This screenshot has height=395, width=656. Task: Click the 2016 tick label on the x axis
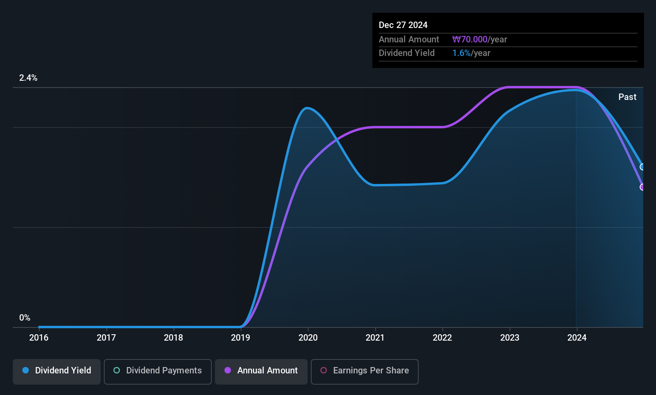point(39,337)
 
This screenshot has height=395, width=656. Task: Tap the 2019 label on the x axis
point(241,337)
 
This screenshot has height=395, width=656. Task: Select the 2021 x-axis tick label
point(375,337)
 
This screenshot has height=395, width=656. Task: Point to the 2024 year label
point(576,337)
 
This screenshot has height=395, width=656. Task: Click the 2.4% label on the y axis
point(28,78)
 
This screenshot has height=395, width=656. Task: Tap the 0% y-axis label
point(25,318)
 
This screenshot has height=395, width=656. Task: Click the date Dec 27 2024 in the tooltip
point(403,25)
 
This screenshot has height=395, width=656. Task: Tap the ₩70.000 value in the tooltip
point(470,39)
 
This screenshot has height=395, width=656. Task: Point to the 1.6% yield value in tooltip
point(461,53)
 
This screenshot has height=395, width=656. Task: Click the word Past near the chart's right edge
point(627,97)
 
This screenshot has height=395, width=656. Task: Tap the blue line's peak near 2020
point(306,108)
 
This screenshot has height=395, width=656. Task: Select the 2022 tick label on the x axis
point(442,337)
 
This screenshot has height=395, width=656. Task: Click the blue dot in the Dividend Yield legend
point(26,370)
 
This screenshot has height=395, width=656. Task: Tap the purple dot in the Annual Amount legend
point(228,370)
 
